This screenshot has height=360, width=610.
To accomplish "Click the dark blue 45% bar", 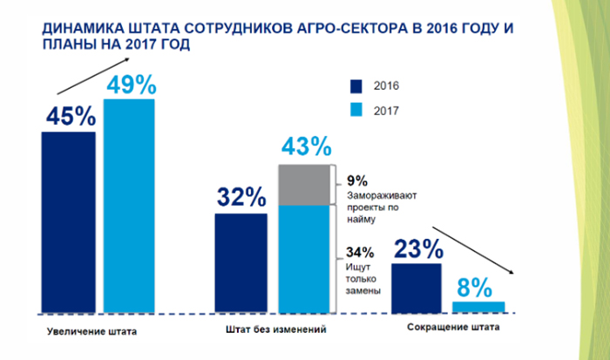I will click(68, 221).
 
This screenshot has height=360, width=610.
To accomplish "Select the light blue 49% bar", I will click(129, 205).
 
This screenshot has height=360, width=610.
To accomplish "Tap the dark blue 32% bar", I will click(241, 262).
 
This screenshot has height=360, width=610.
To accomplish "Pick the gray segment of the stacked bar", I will click(305, 185).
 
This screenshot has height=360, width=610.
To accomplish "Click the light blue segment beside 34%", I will click(305, 258).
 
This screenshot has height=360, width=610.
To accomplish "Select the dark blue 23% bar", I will click(417, 287).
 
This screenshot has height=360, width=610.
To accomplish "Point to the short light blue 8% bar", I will click(478, 306).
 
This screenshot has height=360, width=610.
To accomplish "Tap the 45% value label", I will click(68, 116).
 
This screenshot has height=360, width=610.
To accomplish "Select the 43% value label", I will click(305, 146).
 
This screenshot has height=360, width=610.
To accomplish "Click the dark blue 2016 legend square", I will click(356, 86).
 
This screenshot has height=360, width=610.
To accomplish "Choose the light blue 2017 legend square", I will click(356, 111).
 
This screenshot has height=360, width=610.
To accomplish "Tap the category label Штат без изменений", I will click(274, 330).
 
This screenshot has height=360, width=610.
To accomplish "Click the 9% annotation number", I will click(355, 180).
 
